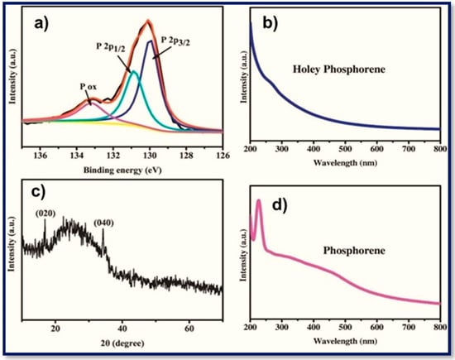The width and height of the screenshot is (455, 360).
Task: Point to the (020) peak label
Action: tap(45, 212)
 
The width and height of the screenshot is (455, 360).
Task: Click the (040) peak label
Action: tap(105, 223)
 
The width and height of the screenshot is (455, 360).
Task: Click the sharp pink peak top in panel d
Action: tap(259, 201)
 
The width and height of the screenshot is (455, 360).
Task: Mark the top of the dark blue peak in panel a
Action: tap(150, 41)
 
